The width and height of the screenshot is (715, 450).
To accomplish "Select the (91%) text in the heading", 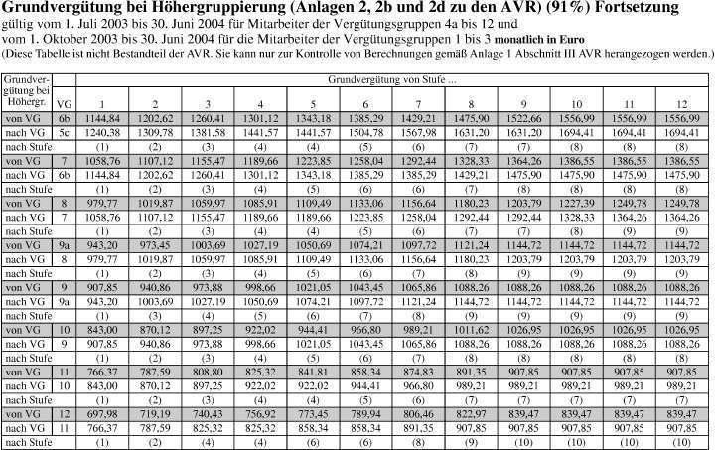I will tap(474, 8).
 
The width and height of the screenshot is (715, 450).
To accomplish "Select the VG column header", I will tap(65, 101).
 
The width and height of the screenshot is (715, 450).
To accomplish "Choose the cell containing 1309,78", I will tap(156, 130).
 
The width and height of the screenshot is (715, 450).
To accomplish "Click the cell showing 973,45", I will tap(156, 243).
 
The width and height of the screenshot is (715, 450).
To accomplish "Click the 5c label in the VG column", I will tap(65, 130).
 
